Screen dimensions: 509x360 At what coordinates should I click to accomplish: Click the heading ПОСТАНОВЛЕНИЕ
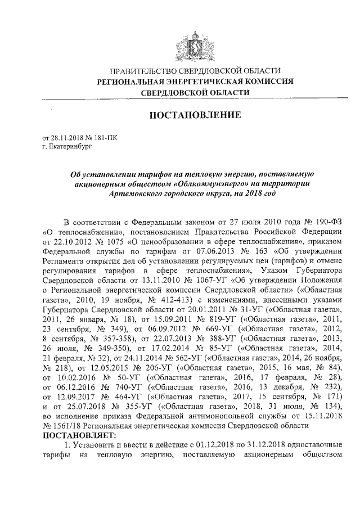coord(195,115)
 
